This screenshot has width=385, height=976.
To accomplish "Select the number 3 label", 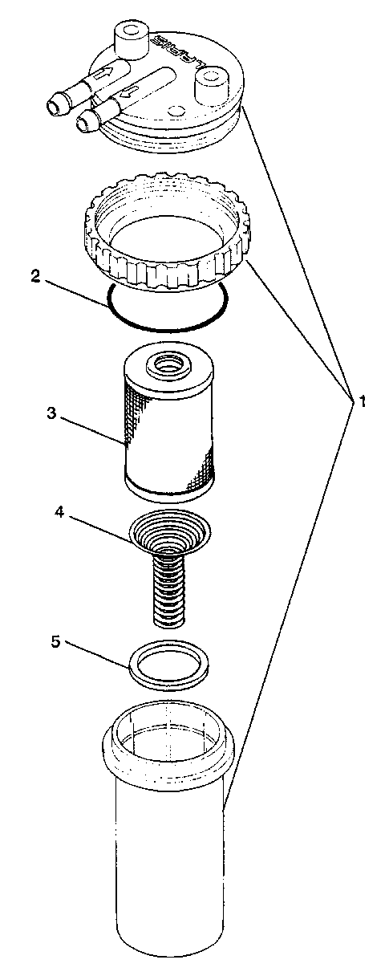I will coord(51,413).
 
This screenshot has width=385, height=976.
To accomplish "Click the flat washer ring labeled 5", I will coord(169,665).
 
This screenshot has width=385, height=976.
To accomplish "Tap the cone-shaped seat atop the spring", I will coord(169,532).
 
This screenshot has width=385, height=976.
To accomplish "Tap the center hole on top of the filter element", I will coord(169,364).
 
